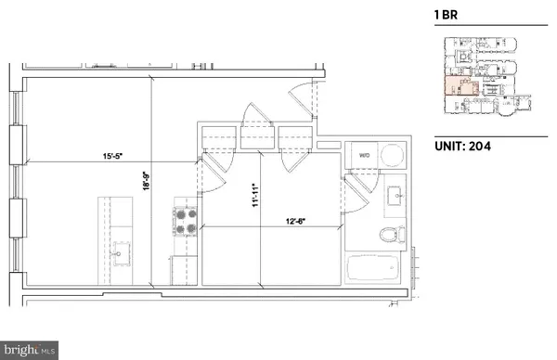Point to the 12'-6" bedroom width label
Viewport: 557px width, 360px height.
tap(297, 220)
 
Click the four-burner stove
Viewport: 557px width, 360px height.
tap(183, 222)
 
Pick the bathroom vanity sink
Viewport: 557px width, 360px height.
tap(395, 196)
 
